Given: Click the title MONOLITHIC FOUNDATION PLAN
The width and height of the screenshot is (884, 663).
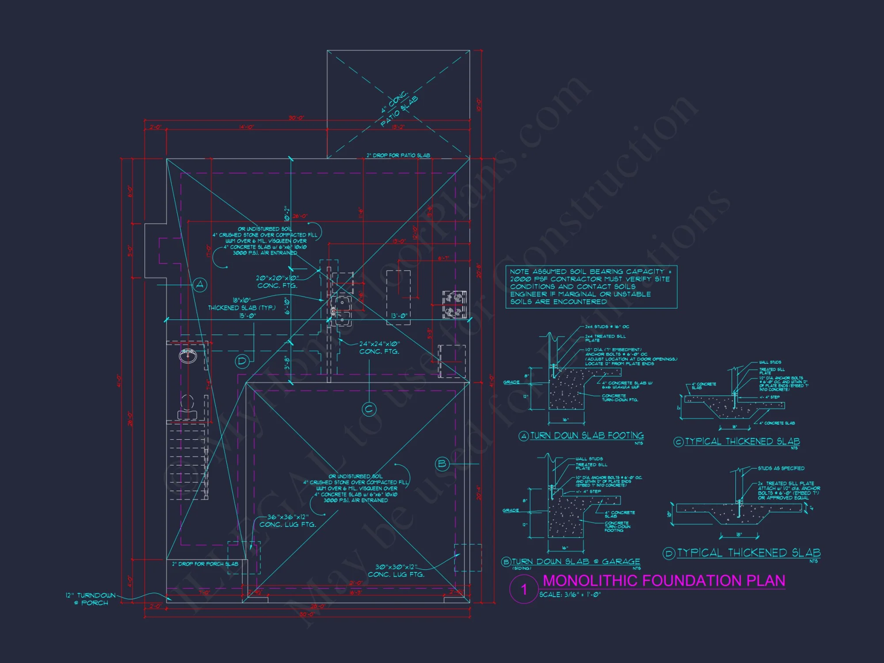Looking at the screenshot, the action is point(664,580).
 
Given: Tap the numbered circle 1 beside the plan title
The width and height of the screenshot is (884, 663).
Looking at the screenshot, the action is point(524,589).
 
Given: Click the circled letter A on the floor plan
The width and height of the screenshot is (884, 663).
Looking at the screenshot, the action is point(200,285).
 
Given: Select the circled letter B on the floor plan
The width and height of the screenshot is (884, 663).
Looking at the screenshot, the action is point(442,464).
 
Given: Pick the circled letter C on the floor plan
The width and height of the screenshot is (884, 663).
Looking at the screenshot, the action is point(369,409).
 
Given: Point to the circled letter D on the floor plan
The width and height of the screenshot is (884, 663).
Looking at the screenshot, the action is point(242,361).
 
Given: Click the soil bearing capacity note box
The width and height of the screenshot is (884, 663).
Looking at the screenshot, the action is point(591,286).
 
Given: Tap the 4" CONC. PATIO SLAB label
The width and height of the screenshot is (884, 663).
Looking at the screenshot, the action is point(399,109).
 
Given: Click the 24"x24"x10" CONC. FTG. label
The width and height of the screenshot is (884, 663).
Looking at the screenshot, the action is point(379,347).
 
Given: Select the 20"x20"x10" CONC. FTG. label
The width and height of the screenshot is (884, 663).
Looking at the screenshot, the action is point(277,282).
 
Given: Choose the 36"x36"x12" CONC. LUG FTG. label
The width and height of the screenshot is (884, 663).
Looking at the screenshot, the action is point(288,521).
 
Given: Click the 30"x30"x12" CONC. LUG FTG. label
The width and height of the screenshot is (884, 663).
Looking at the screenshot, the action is point(396,571).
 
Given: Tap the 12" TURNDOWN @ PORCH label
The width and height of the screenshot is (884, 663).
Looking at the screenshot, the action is point(91,599).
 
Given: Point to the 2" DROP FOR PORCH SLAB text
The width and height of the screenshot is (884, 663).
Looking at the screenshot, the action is point(205,564).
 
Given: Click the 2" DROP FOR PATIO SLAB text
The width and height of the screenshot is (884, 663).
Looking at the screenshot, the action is point(398,155).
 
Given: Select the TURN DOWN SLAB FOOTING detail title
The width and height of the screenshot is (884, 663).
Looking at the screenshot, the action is point(587,436).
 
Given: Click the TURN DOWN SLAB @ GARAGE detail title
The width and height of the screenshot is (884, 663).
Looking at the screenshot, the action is point(575,561).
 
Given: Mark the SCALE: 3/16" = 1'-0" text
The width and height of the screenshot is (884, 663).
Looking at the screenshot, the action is point(570,594).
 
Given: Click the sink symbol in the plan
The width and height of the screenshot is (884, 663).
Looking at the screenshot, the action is point(188,355).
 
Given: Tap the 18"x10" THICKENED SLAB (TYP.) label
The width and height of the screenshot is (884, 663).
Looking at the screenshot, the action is point(242,304).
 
